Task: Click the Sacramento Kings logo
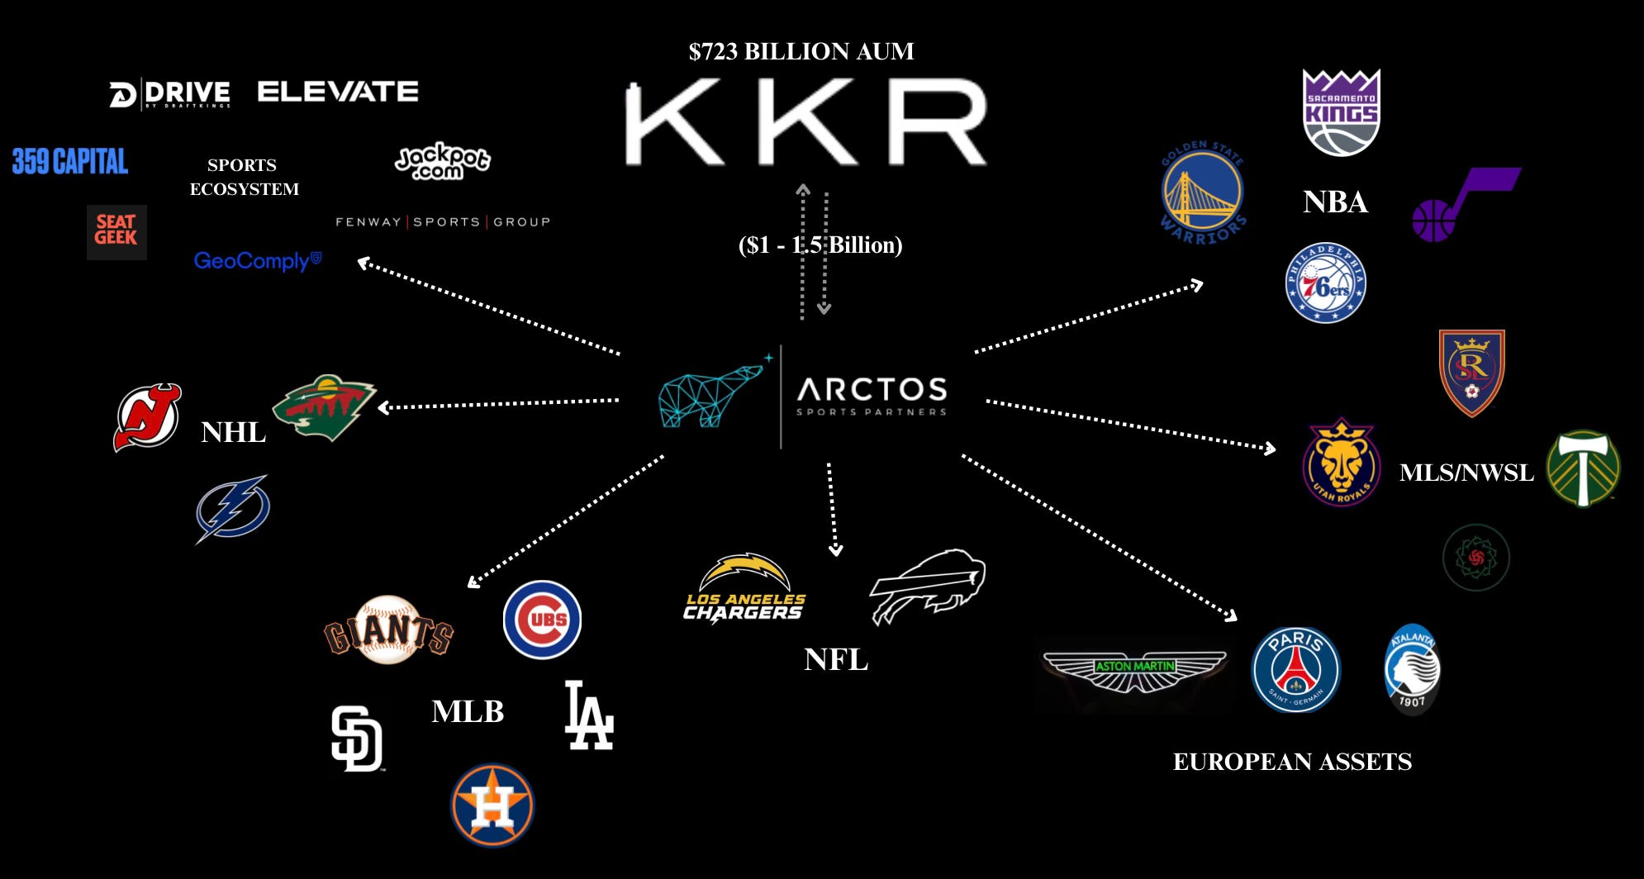(x=1341, y=112)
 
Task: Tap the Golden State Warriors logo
(x=1202, y=193)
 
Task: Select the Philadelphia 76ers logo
(x=1325, y=283)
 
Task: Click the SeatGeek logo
(x=116, y=231)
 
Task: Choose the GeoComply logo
(x=257, y=261)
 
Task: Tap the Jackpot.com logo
(x=442, y=161)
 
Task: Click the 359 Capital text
(x=70, y=161)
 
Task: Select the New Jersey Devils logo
(x=147, y=417)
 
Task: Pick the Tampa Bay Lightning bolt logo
(x=233, y=508)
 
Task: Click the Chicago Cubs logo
(x=542, y=620)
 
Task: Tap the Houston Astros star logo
(x=492, y=805)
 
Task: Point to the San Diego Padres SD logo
(x=357, y=739)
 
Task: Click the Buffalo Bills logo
(x=929, y=585)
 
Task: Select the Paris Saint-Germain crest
(x=1295, y=669)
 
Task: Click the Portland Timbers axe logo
(x=1583, y=468)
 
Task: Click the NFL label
(x=836, y=659)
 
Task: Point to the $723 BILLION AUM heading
(x=801, y=51)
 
